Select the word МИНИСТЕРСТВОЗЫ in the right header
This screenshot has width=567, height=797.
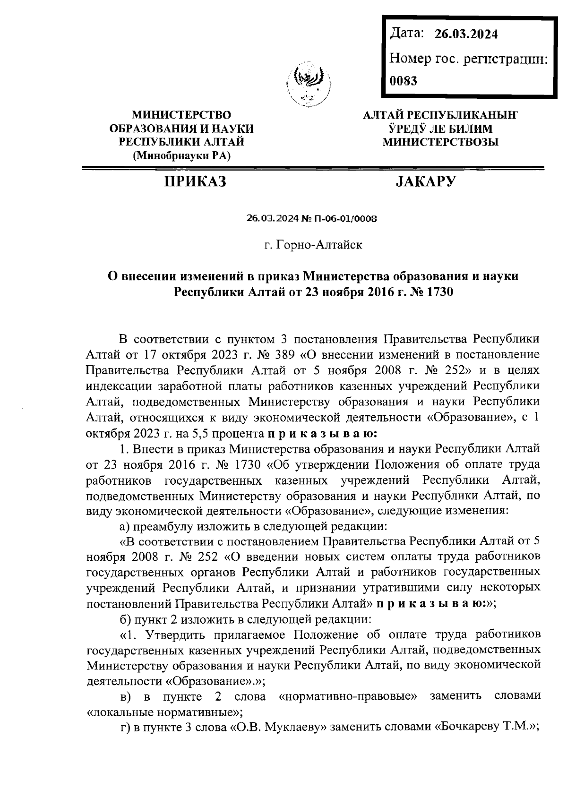click(x=440, y=142)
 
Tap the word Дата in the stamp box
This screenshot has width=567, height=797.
click(x=406, y=34)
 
